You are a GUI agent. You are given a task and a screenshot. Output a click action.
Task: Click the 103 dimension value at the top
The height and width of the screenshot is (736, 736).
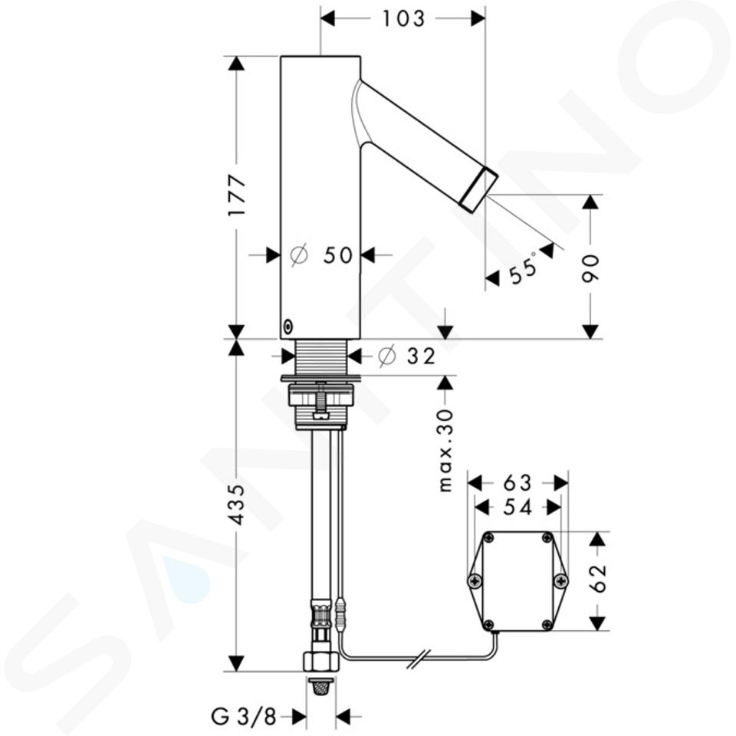coord(403,18)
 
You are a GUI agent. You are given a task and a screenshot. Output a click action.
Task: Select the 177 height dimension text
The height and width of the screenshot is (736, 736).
coord(237,195)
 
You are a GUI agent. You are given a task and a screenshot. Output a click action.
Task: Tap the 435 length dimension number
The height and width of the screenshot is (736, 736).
coord(237,504)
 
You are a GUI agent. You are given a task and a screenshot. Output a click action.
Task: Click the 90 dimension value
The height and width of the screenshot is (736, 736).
coord(590,268)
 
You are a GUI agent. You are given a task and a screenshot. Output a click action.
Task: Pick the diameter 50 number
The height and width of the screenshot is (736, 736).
coord(338,255)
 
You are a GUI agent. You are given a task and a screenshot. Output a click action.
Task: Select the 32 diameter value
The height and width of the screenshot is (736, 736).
coord(421,356)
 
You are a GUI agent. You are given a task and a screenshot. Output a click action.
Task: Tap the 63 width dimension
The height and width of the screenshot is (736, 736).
coord(517,482)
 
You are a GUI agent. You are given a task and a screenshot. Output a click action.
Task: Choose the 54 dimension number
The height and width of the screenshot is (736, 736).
coord(517,507)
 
